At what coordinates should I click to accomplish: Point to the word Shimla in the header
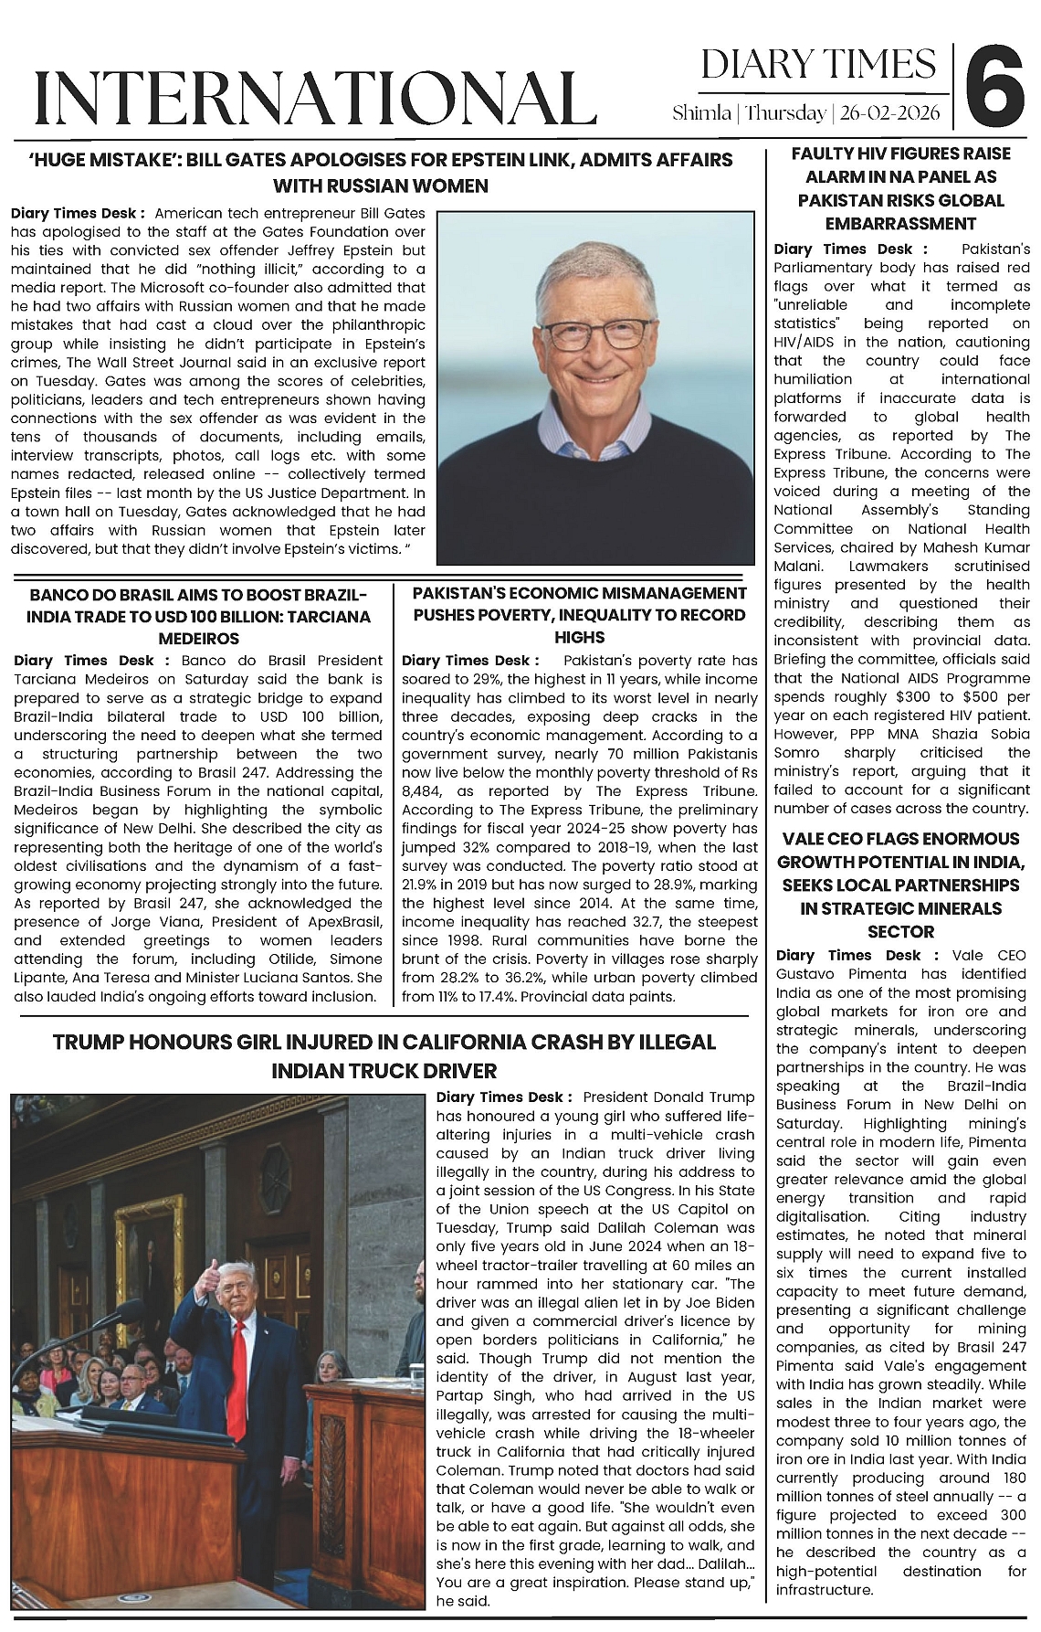click(x=701, y=114)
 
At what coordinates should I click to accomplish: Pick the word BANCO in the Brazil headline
click(x=57, y=595)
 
